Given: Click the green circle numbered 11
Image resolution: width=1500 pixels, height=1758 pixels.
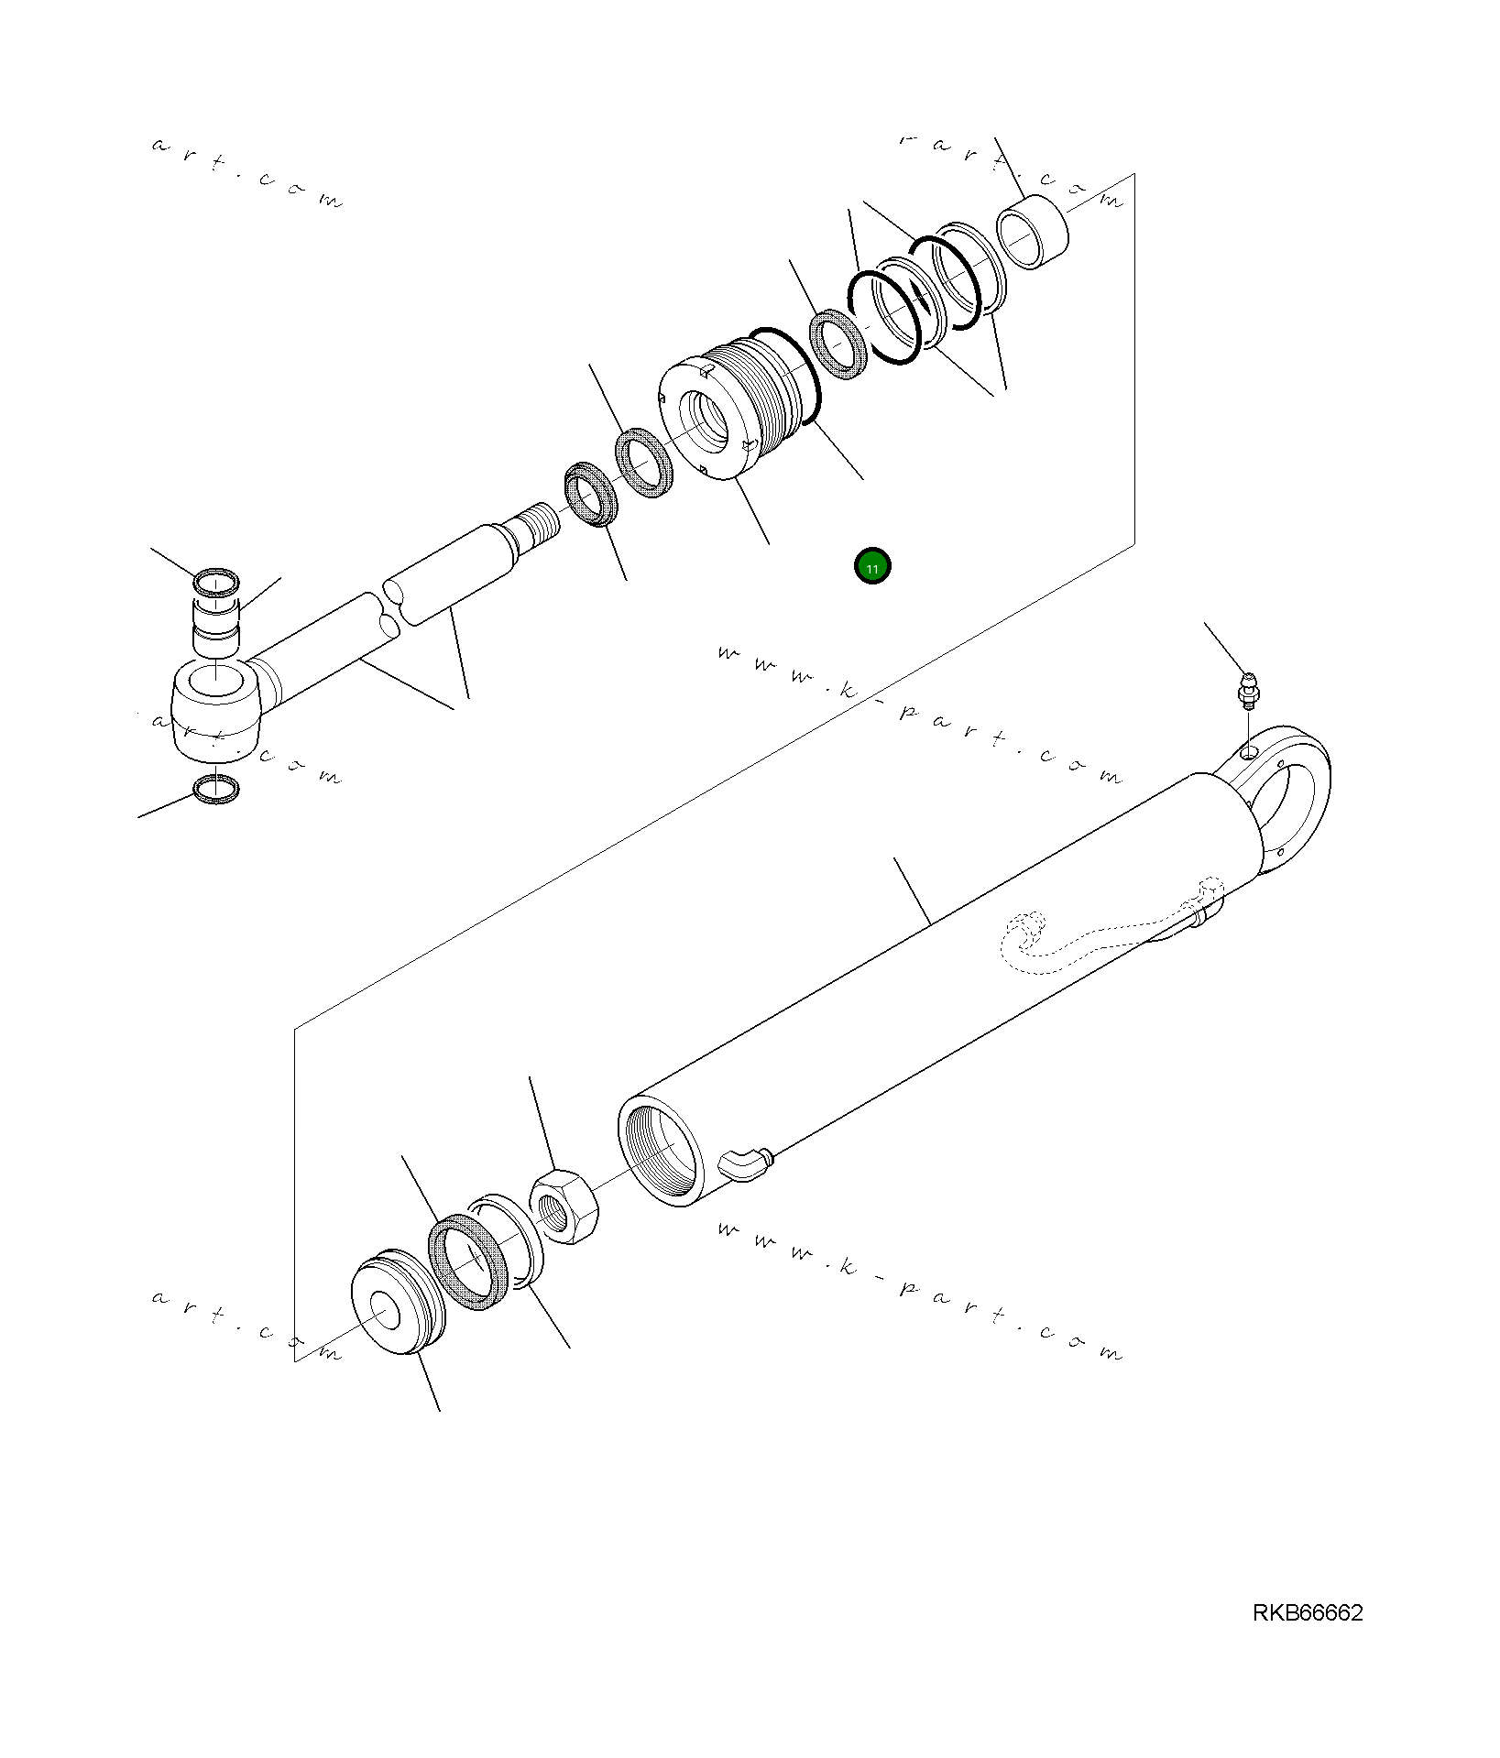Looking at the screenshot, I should [x=872, y=568].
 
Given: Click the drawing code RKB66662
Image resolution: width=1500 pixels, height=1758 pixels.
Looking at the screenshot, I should [x=1307, y=1638].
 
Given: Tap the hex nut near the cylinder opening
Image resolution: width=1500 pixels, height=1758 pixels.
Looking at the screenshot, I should [x=564, y=1206].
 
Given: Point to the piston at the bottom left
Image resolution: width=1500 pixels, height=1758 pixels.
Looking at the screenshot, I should [x=396, y=1302].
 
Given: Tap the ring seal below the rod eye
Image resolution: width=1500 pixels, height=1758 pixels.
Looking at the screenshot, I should [x=216, y=788].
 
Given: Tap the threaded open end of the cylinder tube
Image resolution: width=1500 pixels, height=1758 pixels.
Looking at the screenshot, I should [x=658, y=1150].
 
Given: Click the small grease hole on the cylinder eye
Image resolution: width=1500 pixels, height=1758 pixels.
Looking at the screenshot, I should [x=1249, y=753].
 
